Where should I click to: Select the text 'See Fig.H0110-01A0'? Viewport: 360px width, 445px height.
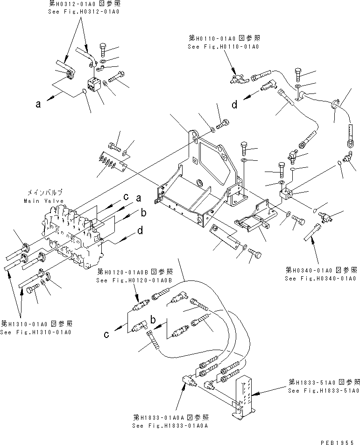pyautogui.click(x=223, y=47)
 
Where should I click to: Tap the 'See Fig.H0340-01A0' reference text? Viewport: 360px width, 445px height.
pyautogui.click(x=321, y=279)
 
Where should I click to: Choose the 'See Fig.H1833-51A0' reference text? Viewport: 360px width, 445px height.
pyautogui.click(x=323, y=390)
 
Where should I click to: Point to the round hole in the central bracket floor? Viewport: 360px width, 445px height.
pyautogui.click(x=199, y=182)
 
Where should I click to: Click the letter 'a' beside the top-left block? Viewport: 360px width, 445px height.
pyautogui.click(x=38, y=105)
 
